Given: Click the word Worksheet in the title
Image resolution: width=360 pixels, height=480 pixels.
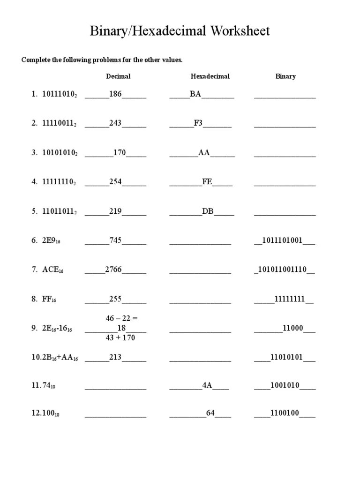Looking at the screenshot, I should (240, 31).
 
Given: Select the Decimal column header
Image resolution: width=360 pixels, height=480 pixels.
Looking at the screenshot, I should (118, 76).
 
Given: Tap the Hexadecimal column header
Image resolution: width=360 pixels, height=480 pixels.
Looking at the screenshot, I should (210, 76).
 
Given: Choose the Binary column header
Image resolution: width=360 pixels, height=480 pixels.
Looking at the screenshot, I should (285, 76).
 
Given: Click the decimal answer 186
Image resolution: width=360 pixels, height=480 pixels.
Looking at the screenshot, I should (115, 94).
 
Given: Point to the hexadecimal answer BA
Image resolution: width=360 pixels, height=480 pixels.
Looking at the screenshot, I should (195, 94).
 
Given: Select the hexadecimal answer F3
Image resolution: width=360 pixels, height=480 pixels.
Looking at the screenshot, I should (198, 123).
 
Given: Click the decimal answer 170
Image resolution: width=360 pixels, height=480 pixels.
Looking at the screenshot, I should (120, 153).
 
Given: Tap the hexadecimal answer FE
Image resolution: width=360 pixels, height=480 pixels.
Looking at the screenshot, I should (207, 182).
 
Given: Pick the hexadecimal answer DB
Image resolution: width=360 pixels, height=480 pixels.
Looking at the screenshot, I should (208, 211).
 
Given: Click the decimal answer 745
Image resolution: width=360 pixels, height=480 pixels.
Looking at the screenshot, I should (115, 240).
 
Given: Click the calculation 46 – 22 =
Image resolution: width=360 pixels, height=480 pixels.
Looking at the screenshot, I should (121, 318).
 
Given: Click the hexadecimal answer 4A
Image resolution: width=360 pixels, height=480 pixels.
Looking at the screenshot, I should (207, 386).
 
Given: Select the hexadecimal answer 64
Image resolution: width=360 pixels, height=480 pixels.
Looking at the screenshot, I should (210, 413).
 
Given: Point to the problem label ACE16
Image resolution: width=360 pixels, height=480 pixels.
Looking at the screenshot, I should (52, 270).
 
